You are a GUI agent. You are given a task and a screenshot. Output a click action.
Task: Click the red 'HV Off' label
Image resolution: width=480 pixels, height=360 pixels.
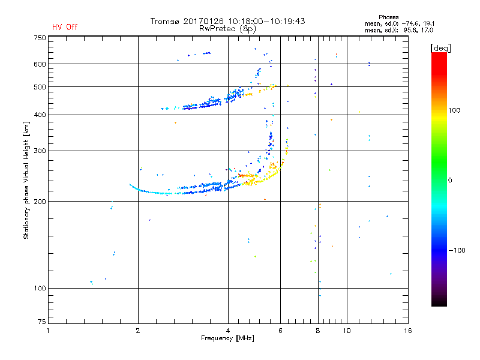(x=65, y=27)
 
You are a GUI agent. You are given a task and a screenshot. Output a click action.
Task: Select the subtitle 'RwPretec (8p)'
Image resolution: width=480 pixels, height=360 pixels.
(x=227, y=28)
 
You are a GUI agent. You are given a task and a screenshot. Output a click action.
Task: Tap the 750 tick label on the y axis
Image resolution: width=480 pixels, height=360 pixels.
(x=40, y=38)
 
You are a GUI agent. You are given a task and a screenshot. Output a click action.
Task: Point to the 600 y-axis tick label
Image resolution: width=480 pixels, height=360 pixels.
(x=40, y=64)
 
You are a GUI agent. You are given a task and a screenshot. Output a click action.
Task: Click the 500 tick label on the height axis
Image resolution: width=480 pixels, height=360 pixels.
(x=40, y=87)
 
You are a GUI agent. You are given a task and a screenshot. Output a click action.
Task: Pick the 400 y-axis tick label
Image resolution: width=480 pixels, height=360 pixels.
(x=40, y=115)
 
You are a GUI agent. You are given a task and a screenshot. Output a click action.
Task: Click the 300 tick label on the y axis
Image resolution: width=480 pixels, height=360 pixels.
(x=40, y=151)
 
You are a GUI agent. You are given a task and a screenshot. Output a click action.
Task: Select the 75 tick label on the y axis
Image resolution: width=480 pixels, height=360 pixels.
(x=42, y=323)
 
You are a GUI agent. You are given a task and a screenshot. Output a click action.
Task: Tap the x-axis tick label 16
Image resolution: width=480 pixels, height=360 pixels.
(x=407, y=331)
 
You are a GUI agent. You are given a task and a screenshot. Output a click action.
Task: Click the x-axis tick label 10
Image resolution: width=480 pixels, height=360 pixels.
(x=346, y=331)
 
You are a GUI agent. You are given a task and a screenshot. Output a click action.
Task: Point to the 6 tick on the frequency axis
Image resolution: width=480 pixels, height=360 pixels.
(x=281, y=331)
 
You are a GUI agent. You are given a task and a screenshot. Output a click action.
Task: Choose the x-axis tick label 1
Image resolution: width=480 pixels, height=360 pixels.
(x=49, y=331)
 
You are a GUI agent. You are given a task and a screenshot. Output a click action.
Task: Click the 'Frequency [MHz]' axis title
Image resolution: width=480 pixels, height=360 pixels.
(x=227, y=339)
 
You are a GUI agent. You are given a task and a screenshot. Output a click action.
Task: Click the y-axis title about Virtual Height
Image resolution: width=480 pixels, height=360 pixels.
(x=26, y=181)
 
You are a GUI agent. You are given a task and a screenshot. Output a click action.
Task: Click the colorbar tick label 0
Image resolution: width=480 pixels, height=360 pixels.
(x=451, y=180)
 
